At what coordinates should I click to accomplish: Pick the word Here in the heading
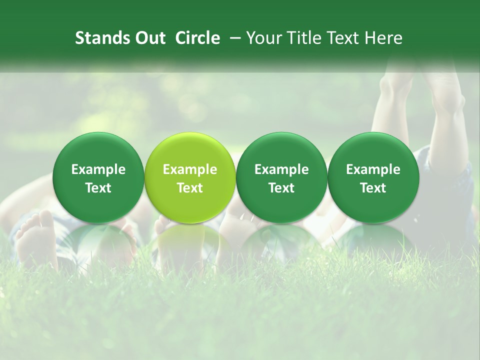coord(383,38)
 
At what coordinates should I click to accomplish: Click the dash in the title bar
coord(233,38)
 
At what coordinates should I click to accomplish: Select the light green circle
coord(190,177)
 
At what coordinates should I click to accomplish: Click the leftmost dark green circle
coord(98,177)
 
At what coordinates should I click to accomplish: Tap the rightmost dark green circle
coord(373,177)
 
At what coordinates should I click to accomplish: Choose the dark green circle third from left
coord(281,177)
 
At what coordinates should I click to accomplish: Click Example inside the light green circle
coord(190,169)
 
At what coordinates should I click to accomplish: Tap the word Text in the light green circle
coord(190,188)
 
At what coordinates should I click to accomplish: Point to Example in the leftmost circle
coord(98,169)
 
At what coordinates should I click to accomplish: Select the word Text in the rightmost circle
coord(373,188)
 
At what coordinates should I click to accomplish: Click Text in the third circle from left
coord(281,188)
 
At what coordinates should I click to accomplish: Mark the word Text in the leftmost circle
coord(98,188)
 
